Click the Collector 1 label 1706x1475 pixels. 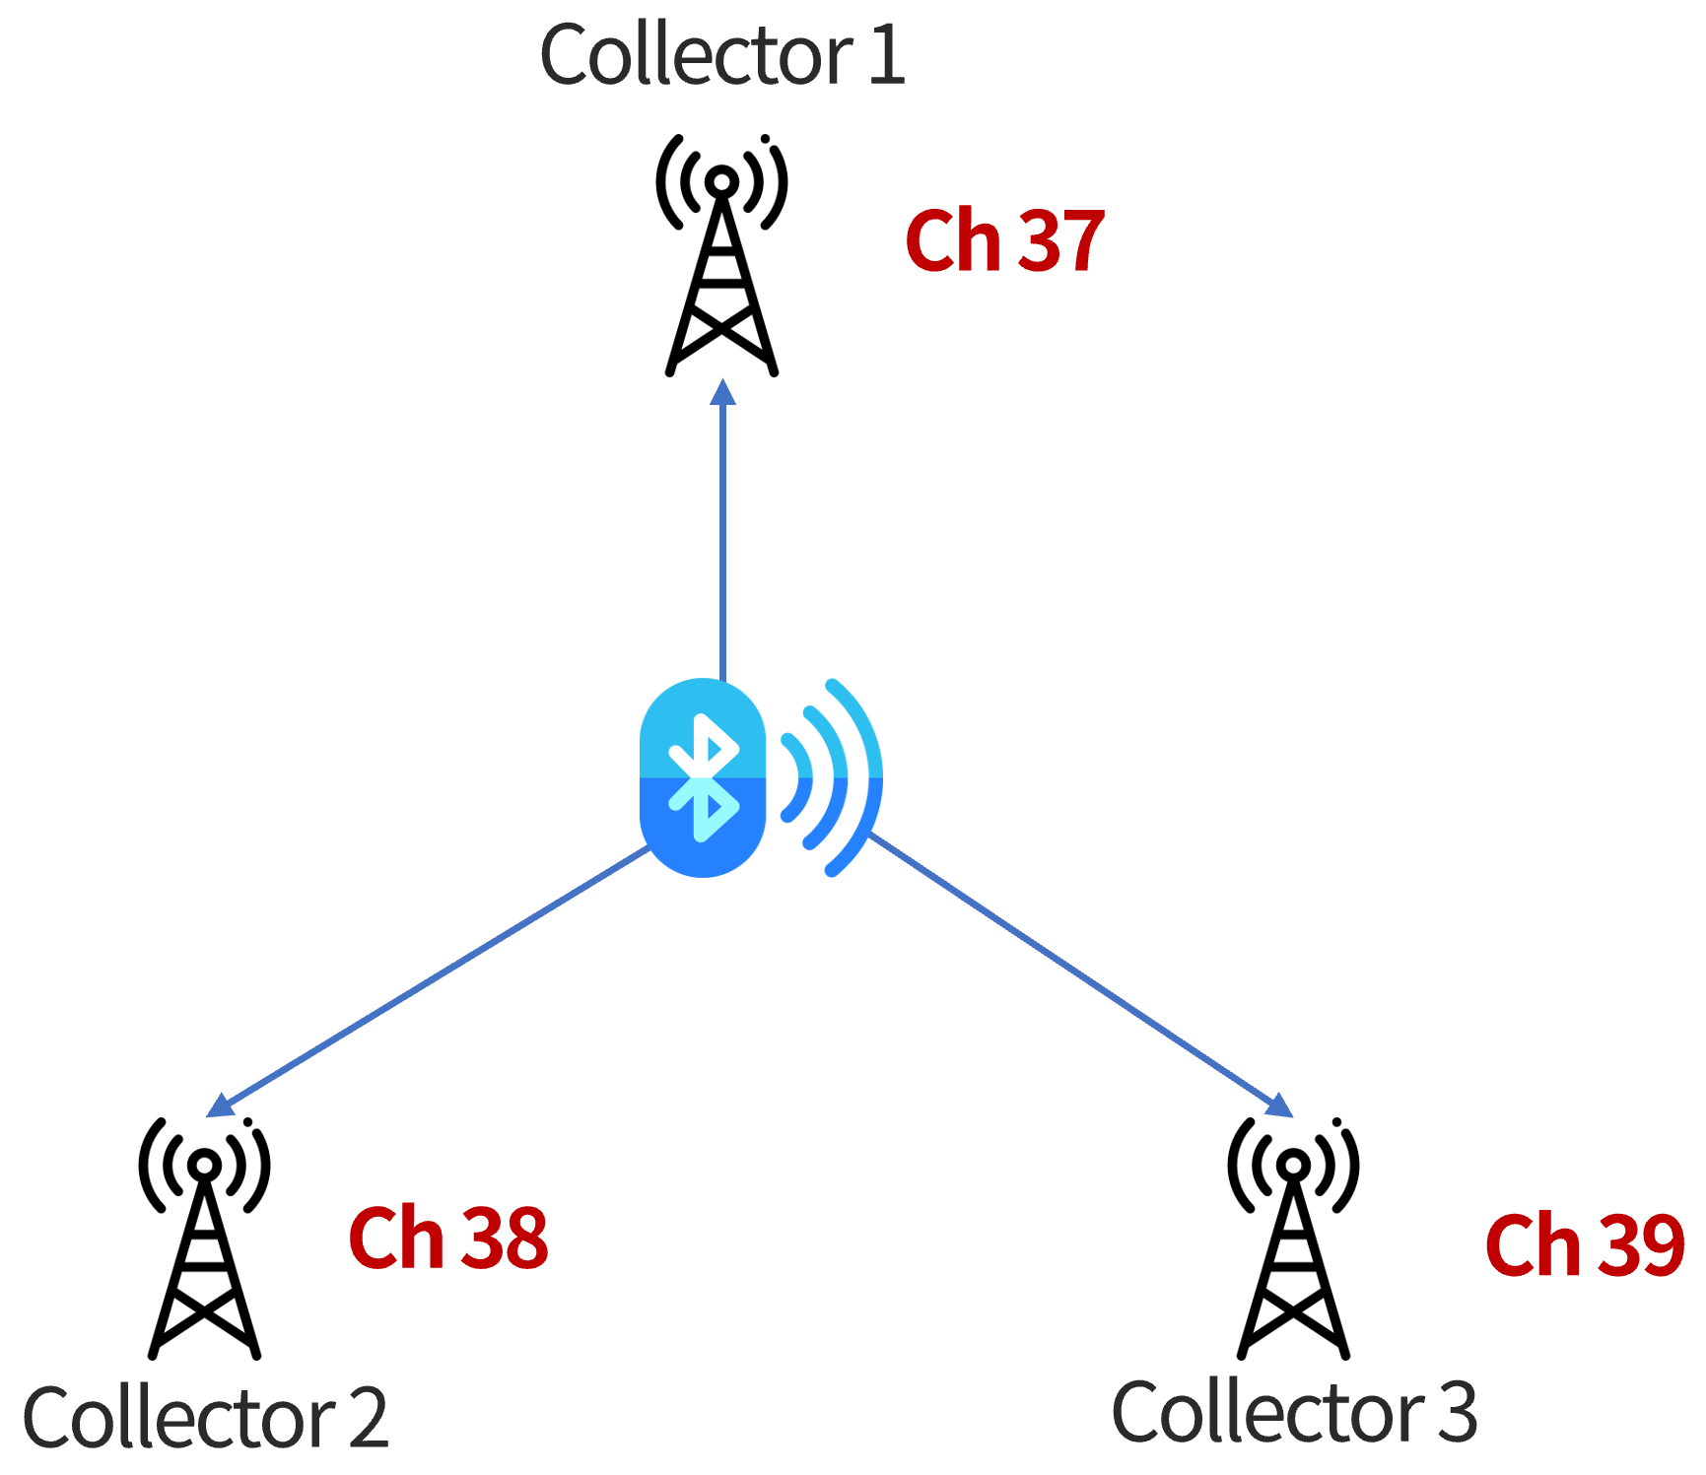tap(721, 55)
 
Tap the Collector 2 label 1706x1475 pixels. tap(205, 1418)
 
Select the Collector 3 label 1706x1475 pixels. tap(1294, 1412)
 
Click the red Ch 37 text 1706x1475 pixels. tap(1004, 241)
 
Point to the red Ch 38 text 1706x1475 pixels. tap(448, 1239)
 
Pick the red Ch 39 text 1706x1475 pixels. tap(1585, 1246)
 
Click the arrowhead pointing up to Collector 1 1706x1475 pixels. tap(722, 391)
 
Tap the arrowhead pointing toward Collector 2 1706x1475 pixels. tap(219, 1107)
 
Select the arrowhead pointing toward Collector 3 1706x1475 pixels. tap(1280, 1107)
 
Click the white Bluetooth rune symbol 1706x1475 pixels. tap(703, 777)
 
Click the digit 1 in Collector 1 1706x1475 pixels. tap(887, 55)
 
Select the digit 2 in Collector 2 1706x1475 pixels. tap(368, 1418)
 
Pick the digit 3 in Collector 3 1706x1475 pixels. tap(1458, 1412)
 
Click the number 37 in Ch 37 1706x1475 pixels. tap(1060, 241)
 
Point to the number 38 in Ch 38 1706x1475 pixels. tap(505, 1239)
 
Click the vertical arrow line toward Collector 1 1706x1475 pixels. tap(722, 542)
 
